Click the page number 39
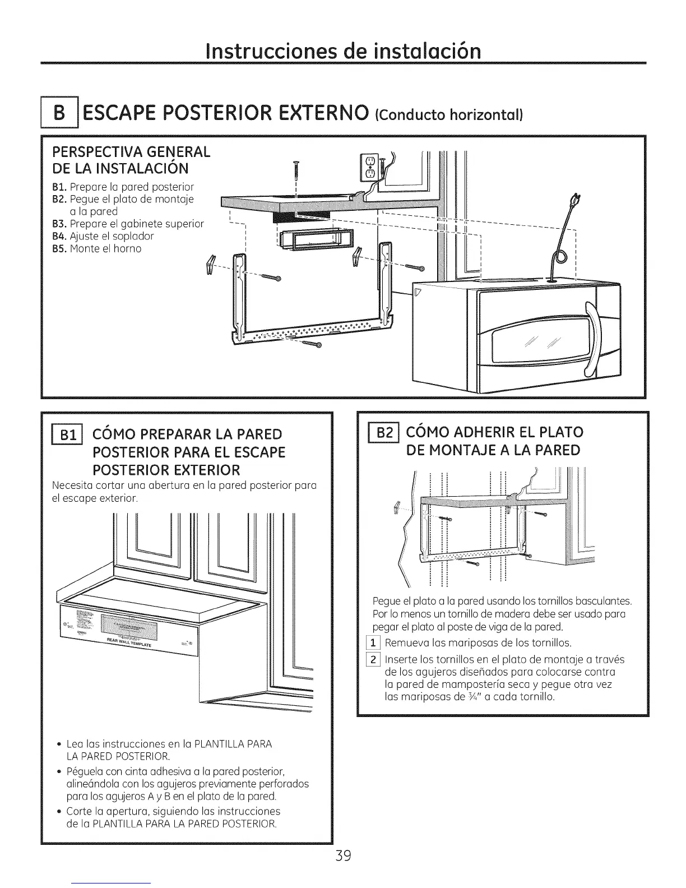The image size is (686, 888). [342, 855]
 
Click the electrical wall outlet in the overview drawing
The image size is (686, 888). [369, 168]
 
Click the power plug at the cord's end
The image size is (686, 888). [573, 200]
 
